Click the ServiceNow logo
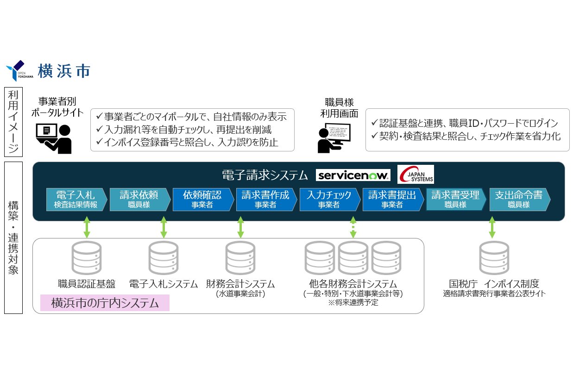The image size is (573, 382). [x=353, y=175]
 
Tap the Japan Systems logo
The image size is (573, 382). [x=416, y=175]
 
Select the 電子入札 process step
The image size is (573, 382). [x=76, y=199]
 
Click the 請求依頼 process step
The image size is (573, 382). [x=139, y=199]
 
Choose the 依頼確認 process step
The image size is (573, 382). [x=202, y=199]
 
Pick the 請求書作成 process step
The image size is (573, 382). [x=265, y=199]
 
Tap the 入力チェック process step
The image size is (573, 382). [x=328, y=199]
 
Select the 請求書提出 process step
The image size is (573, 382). [x=392, y=199]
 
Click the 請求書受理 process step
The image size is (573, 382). [x=455, y=199]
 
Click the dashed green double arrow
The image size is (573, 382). [x=353, y=227]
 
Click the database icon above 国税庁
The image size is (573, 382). [x=494, y=258]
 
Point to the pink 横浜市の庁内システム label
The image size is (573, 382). [x=105, y=303]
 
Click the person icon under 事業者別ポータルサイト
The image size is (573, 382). [x=54, y=138]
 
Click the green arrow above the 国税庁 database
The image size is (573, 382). [x=492, y=227]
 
